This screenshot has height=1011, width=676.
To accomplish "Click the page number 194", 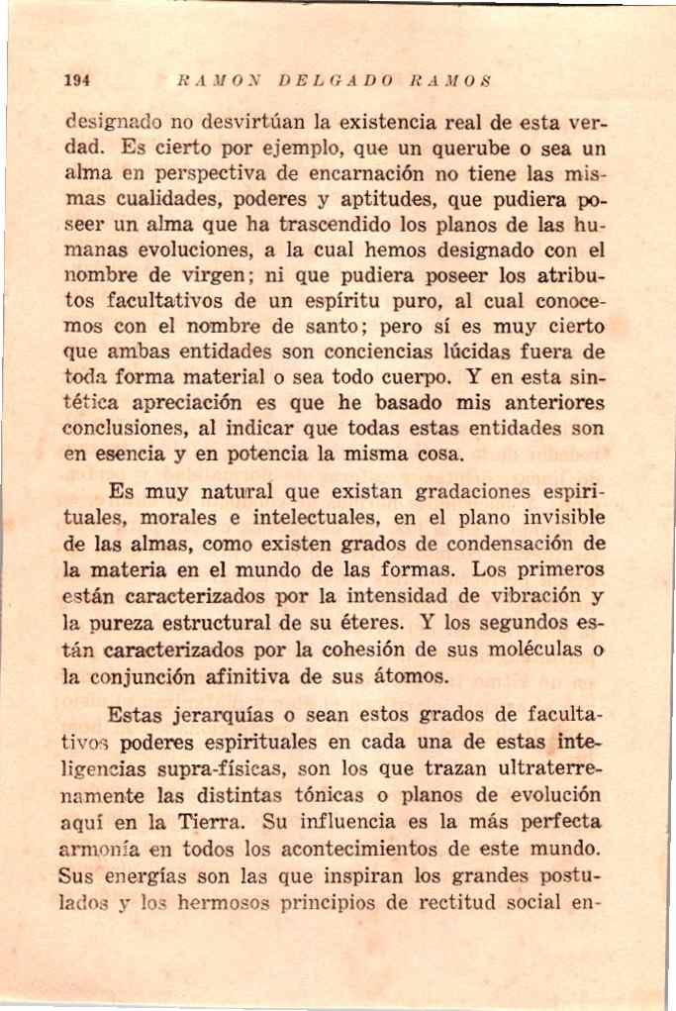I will pos(75,82).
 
